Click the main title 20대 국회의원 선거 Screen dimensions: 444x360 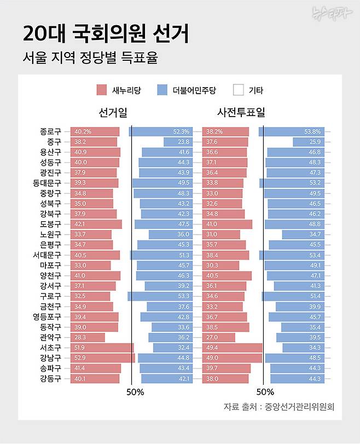click(106, 34)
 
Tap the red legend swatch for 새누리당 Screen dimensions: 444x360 click(101, 90)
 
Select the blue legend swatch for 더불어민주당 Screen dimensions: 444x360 click(162, 90)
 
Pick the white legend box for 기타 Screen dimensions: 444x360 click(239, 90)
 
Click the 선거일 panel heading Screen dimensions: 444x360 click(113, 112)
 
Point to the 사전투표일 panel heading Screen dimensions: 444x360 click(241, 112)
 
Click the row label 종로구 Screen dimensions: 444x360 click(50, 132)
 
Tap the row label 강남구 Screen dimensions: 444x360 click(50, 358)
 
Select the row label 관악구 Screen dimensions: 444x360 click(50, 337)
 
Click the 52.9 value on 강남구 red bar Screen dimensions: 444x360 click(80, 358)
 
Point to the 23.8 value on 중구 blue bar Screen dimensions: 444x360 click(183, 142)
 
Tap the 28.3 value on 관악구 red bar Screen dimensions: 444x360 click(80, 337)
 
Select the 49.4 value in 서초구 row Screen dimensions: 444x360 click(211, 348)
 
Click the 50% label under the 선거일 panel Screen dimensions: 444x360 click(135, 392)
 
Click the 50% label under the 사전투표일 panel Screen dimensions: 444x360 click(265, 392)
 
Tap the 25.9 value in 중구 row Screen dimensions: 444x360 click(315, 142)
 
